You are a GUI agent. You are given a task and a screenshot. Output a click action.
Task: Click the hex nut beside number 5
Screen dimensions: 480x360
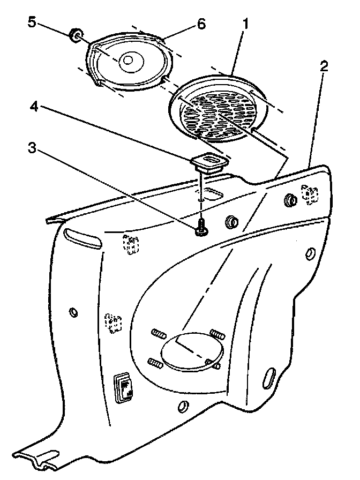point(76,36)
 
